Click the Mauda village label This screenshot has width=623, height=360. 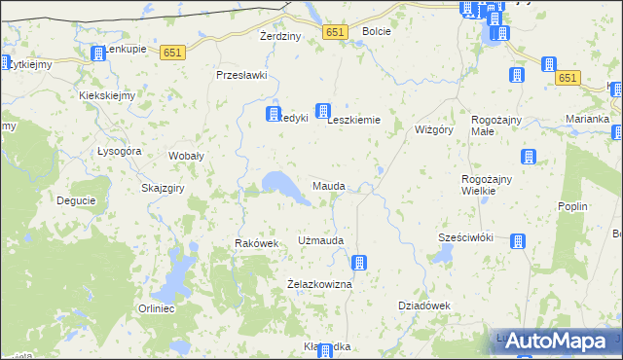pyautogui.click(x=328, y=185)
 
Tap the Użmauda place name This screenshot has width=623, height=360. pyautogui.click(x=321, y=239)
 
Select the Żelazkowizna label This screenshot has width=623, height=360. pyautogui.click(x=317, y=284)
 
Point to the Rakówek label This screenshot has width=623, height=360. pyautogui.click(x=257, y=243)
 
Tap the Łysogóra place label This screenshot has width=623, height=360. pyautogui.click(x=120, y=151)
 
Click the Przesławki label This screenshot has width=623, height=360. pyautogui.click(x=241, y=75)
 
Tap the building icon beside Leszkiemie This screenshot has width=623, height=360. pyautogui.click(x=323, y=112)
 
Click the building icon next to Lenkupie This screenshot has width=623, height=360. pyautogui.click(x=97, y=54)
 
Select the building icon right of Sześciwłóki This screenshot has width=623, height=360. pyautogui.click(x=518, y=241)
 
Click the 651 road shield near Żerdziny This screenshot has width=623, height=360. pyautogui.click(x=335, y=32)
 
